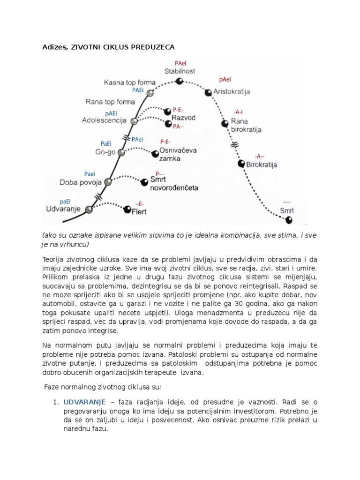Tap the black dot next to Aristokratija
point(208,93)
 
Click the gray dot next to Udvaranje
point(89,209)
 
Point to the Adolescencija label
point(104,120)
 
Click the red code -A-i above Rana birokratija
point(238,112)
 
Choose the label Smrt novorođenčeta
point(174,183)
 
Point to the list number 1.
point(55,402)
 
